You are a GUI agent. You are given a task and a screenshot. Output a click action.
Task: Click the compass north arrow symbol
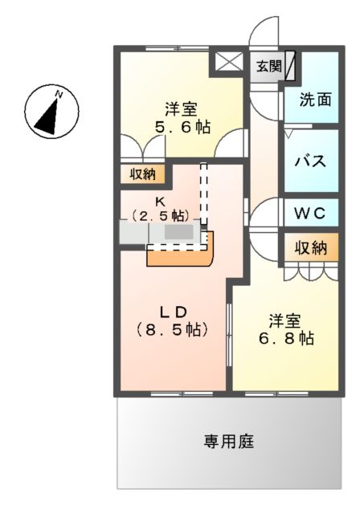coord(47,112)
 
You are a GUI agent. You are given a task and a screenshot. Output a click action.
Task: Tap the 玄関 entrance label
coord(269,67)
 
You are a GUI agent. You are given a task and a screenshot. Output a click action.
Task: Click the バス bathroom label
coord(310,160)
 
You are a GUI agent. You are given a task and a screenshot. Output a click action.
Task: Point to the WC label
coord(309,214)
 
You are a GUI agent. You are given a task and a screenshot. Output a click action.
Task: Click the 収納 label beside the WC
coord(309,248)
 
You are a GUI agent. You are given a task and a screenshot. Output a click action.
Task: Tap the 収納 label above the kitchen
coord(143,174)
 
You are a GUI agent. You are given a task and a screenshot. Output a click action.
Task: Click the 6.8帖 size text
coord(284,338)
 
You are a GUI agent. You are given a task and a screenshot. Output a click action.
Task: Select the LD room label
coord(171,312)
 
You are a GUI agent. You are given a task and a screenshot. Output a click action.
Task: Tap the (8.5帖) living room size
coord(171,329)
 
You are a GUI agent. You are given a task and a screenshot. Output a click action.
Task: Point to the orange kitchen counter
coord(181,254)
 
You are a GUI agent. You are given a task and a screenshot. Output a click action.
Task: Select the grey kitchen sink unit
coord(161,233)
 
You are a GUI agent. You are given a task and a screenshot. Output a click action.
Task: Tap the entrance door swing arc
coord(264,36)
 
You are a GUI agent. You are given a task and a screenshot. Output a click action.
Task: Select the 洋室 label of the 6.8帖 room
coord(284,320)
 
